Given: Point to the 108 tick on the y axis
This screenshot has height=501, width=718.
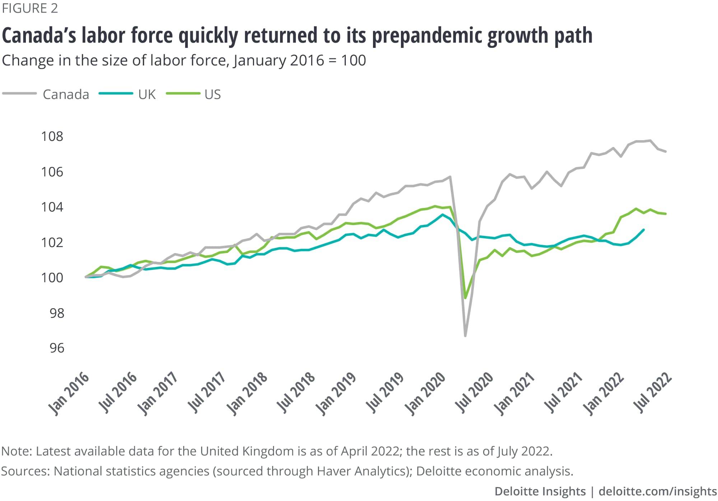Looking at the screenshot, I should [52, 137].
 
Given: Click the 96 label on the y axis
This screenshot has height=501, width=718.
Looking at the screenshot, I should [57, 348].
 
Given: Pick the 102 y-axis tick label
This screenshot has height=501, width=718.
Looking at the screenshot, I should [52, 243].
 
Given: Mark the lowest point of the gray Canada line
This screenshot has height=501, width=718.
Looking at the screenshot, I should [465, 336].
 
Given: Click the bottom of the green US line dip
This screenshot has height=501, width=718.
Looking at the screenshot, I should [465, 298].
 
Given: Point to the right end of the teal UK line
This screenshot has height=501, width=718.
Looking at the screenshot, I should [643, 230].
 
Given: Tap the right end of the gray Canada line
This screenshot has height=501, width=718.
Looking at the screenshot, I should [666, 152].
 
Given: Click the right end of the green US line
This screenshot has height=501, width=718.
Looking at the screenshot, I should [666, 214].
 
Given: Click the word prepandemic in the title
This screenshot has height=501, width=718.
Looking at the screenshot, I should [427, 36].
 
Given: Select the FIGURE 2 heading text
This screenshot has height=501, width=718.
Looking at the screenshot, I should [30, 8].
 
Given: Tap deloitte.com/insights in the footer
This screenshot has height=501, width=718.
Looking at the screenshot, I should [658, 491].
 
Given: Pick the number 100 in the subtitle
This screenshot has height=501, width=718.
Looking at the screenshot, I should [353, 60].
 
